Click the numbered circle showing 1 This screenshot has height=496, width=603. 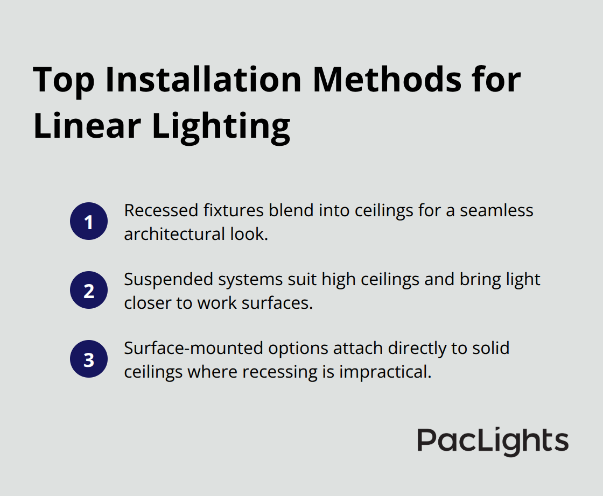coord(89,222)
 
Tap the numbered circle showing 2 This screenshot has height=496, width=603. coord(89,290)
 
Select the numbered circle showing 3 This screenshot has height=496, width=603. coord(89,359)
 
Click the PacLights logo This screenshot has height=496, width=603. coord(493,441)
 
